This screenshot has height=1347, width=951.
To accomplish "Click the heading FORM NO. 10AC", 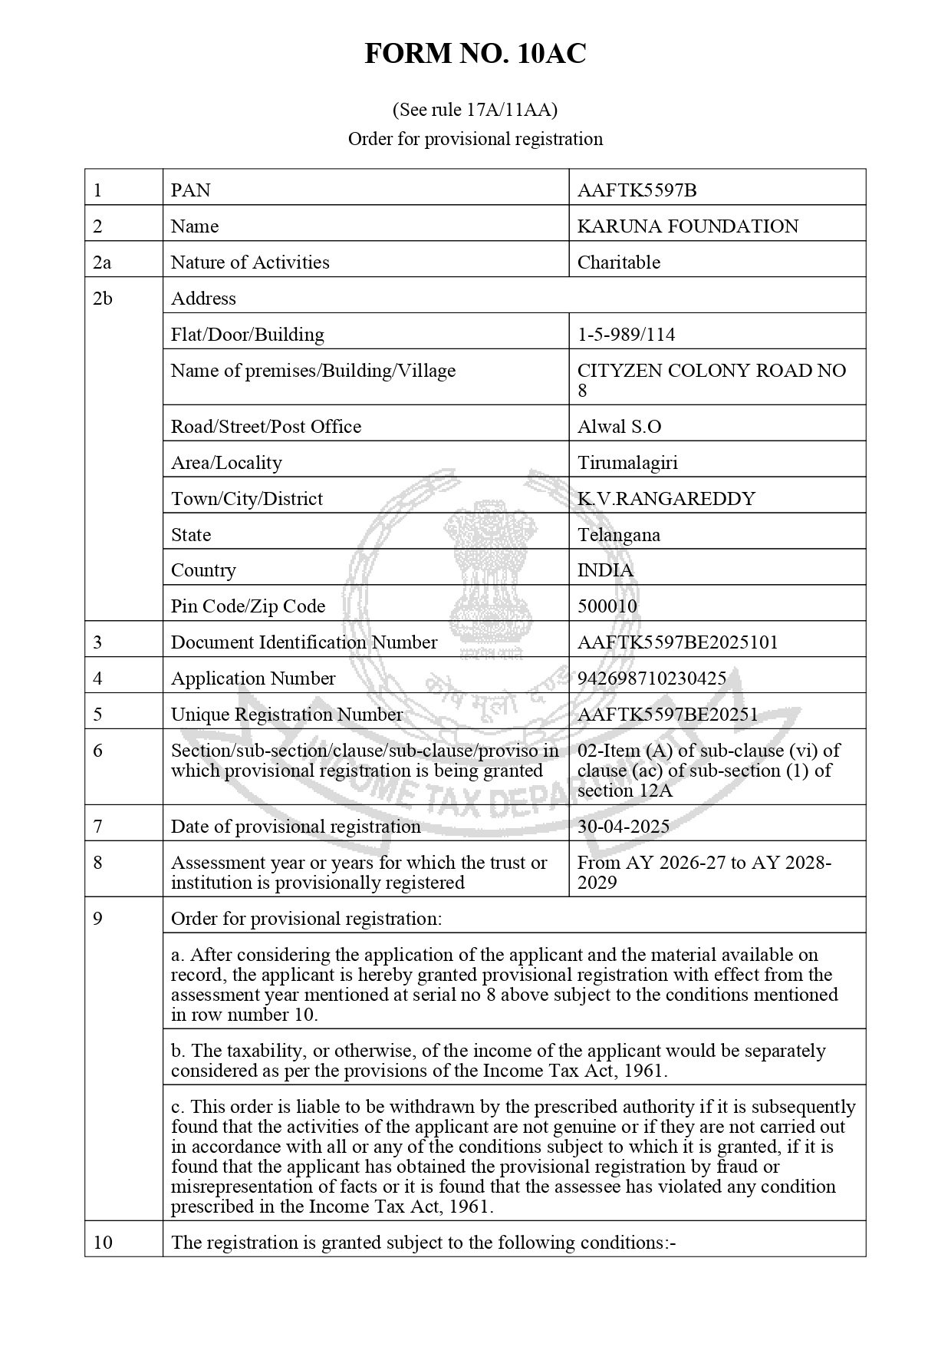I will [x=475, y=54].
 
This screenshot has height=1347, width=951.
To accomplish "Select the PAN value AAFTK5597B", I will [x=637, y=190].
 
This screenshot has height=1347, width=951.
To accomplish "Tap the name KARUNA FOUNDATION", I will [x=687, y=226].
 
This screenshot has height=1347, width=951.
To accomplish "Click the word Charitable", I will [x=618, y=262].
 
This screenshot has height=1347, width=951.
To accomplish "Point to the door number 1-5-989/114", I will [x=626, y=335].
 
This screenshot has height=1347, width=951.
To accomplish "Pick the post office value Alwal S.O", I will [x=619, y=427].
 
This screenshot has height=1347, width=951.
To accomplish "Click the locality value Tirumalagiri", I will [x=627, y=463].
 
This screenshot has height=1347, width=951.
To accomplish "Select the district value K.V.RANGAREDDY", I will [x=666, y=499].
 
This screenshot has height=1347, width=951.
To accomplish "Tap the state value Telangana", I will [x=618, y=535].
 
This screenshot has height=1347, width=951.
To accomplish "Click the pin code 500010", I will [x=607, y=606].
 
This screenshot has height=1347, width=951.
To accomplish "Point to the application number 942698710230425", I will [x=651, y=678].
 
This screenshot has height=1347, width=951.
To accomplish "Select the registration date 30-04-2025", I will [x=623, y=827].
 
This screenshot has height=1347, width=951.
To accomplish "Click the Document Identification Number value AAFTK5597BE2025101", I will [x=677, y=642].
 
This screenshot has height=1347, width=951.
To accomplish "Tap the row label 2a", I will [x=102, y=262].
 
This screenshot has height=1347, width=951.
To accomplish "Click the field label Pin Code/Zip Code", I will [x=248, y=606].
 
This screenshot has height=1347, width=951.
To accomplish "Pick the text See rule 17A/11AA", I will [x=475, y=110].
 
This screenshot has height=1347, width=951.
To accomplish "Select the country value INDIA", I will [x=605, y=570].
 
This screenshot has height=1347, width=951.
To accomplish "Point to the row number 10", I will [x=102, y=1242].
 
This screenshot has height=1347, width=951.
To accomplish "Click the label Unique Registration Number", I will [x=286, y=715].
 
